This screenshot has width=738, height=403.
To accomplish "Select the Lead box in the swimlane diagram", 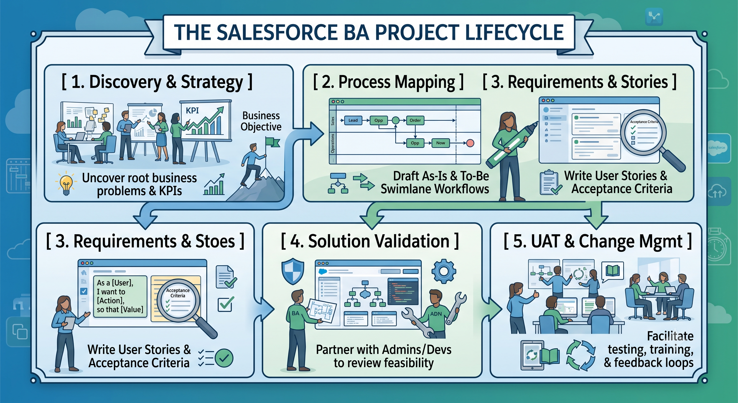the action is point(353,120).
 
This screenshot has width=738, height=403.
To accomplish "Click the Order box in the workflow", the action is point(415,120).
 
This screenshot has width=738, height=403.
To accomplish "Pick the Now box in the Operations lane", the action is point(440,143).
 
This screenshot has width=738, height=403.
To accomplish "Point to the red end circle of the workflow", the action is point(470,143).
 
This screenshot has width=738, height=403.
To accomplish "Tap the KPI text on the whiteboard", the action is point(192,110).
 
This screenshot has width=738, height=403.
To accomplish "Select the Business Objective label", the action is point(261,121).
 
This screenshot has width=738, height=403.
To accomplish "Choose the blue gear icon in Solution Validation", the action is point(443,271).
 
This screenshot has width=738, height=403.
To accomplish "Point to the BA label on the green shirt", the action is point(295,313).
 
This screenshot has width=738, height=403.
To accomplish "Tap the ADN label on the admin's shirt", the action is point(436,314).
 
